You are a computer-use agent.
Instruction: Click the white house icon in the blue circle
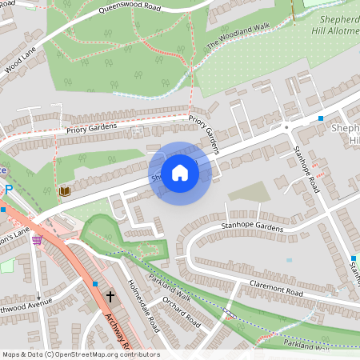[x=180, y=172]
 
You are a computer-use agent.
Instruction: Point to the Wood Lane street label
[x=20, y=61]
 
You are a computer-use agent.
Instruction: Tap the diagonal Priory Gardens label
[x=203, y=131]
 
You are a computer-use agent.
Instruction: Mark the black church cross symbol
[x=110, y=296]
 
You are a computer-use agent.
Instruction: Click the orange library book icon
[x=63, y=192]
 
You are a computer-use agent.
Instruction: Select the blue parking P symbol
[x=9, y=190]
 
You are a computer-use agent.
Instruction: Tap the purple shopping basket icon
[x=36, y=239]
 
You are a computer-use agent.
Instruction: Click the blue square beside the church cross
[x=95, y=284]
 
